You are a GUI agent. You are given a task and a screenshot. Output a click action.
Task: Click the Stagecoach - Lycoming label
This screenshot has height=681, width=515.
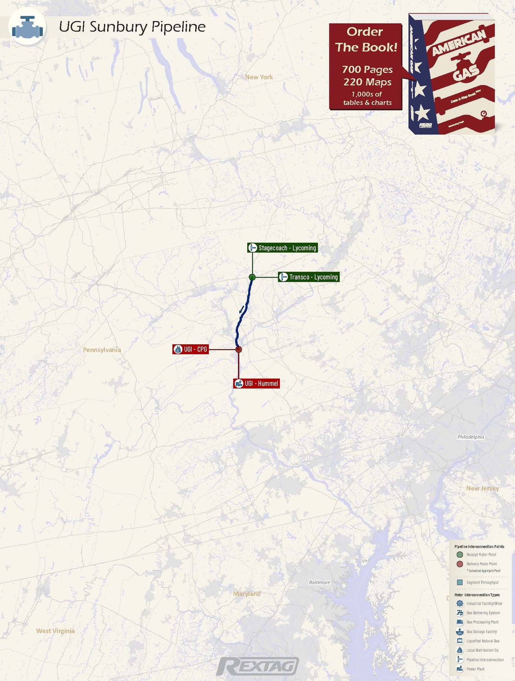click(283, 248)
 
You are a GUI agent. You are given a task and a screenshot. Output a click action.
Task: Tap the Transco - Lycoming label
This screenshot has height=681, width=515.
click(309, 277)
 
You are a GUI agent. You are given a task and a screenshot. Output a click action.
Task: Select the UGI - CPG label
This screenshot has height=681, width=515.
click(191, 349)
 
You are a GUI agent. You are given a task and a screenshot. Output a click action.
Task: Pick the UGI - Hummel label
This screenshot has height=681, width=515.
click(256, 383)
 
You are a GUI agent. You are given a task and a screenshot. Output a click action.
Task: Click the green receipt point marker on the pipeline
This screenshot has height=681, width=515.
click(252, 277)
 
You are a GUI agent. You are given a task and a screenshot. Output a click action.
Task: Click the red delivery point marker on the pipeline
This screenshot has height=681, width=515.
click(239, 349)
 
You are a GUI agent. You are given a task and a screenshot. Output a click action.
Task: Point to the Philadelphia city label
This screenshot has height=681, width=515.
click(470, 437)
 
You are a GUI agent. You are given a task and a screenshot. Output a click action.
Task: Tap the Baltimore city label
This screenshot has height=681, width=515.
click(319, 582)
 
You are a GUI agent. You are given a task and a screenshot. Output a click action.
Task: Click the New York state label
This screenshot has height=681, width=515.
click(259, 77)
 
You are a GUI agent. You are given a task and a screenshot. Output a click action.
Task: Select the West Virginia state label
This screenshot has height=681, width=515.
click(55, 631)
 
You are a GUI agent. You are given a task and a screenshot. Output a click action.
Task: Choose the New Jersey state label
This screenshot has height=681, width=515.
click(482, 488)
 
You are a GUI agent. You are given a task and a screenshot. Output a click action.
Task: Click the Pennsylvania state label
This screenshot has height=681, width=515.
click(102, 350)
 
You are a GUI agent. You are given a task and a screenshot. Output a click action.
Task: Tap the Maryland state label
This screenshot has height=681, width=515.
click(247, 594)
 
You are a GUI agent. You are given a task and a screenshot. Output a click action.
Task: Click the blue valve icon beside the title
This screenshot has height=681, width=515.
click(27, 27)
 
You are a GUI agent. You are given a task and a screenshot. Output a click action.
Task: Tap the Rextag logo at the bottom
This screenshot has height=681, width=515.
click(257, 666)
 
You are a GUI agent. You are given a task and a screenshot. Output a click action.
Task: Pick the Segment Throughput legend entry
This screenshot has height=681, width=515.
click(482, 582)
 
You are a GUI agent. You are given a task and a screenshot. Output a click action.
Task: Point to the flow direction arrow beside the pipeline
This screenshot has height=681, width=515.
click(242, 309)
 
